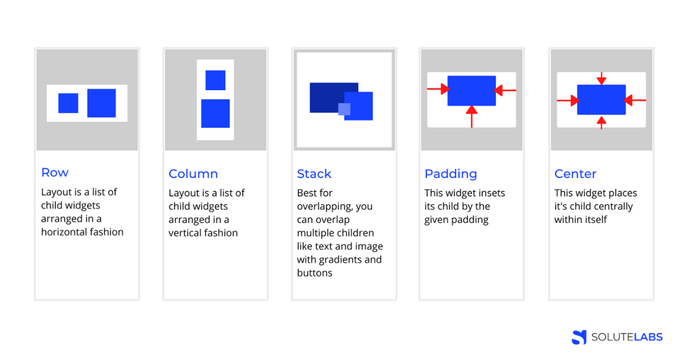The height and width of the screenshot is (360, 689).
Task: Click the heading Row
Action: [55, 172]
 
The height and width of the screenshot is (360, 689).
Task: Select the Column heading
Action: [193, 173]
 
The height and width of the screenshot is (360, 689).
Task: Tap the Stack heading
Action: [314, 173]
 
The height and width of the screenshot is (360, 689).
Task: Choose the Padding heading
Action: [451, 173]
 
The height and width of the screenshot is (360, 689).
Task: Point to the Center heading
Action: [575, 173]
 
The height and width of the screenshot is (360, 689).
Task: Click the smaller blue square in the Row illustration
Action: [68, 103]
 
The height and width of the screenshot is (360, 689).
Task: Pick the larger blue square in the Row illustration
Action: [102, 103]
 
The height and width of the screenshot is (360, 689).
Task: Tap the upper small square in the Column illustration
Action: [215, 80]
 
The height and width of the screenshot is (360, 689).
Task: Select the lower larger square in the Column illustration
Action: [215, 113]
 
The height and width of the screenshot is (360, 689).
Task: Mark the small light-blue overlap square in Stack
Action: [344, 109]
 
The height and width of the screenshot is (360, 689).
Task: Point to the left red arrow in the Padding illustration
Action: [438, 89]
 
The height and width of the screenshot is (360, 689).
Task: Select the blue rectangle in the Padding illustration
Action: [471, 90]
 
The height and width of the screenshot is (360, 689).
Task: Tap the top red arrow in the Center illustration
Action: [601, 78]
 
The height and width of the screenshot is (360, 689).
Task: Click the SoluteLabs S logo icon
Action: [579, 337]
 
